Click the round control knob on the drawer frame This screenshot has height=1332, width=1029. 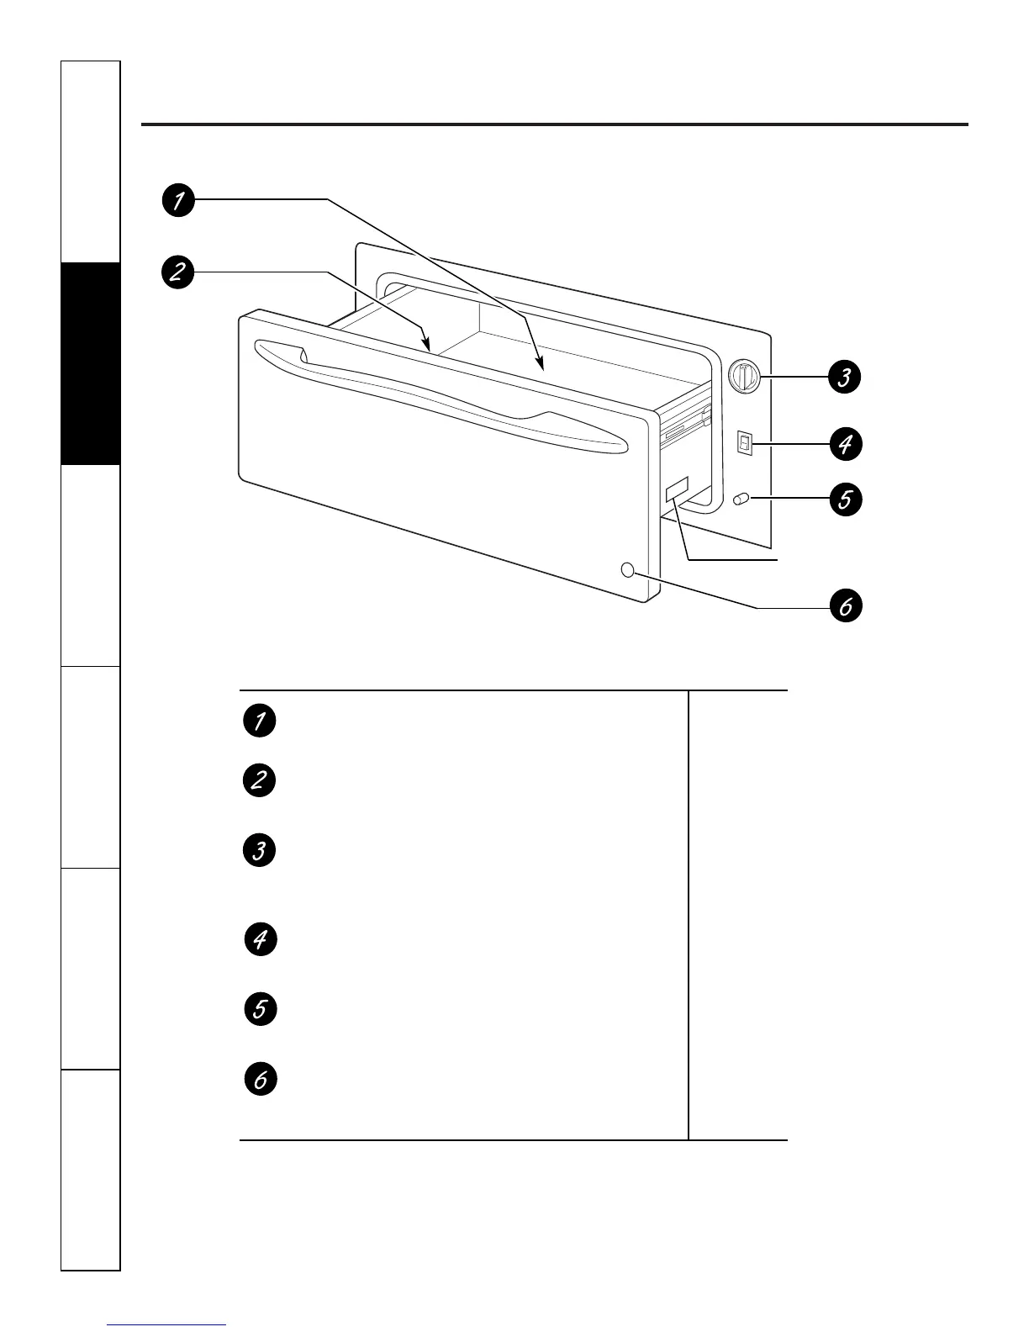(x=744, y=377)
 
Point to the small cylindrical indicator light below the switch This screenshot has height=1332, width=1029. (x=741, y=499)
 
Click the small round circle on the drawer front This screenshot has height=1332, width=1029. (x=628, y=569)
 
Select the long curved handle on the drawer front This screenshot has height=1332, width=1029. (x=441, y=396)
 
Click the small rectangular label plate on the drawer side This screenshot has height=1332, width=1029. (x=677, y=489)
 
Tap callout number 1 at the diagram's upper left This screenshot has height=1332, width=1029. (x=178, y=200)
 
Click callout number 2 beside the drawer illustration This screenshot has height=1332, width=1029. (x=177, y=272)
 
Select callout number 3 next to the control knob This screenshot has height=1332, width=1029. (x=845, y=377)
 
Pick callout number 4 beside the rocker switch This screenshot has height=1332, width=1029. (x=846, y=444)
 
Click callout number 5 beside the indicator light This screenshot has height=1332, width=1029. (x=846, y=499)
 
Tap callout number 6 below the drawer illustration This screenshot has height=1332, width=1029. (x=846, y=605)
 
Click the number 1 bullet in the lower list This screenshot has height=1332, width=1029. (x=259, y=721)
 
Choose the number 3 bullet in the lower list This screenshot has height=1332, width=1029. (x=259, y=850)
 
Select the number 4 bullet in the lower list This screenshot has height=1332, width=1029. (x=261, y=939)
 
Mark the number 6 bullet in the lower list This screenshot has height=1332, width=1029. (x=261, y=1079)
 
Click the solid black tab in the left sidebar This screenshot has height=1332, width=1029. (x=91, y=363)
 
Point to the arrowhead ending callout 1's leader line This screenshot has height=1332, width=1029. (x=541, y=364)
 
